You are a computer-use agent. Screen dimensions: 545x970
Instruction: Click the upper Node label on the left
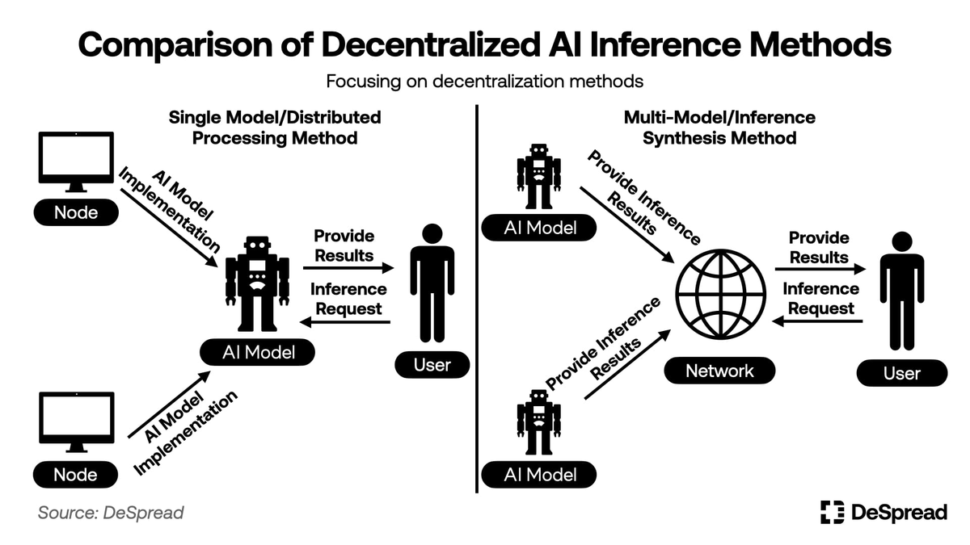click(x=75, y=212)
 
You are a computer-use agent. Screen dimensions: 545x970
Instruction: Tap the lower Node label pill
click(x=75, y=475)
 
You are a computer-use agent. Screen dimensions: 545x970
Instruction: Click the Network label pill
click(x=719, y=371)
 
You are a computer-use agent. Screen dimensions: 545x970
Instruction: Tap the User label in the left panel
click(x=432, y=364)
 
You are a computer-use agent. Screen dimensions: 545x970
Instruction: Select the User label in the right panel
click(x=901, y=373)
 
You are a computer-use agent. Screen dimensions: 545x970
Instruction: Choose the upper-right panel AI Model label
click(x=540, y=228)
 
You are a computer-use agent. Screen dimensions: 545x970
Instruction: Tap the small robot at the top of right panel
click(x=538, y=177)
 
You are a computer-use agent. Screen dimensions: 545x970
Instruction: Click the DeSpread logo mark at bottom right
click(x=832, y=512)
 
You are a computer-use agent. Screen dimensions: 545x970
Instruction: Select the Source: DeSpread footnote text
click(x=111, y=513)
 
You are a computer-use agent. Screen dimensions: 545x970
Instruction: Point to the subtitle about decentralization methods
click(x=484, y=82)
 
